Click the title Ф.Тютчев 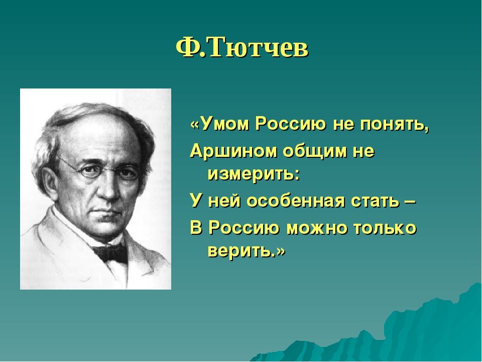click(242, 48)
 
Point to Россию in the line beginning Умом click(291, 124)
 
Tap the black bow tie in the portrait click(110, 252)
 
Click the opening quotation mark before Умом click(195, 125)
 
